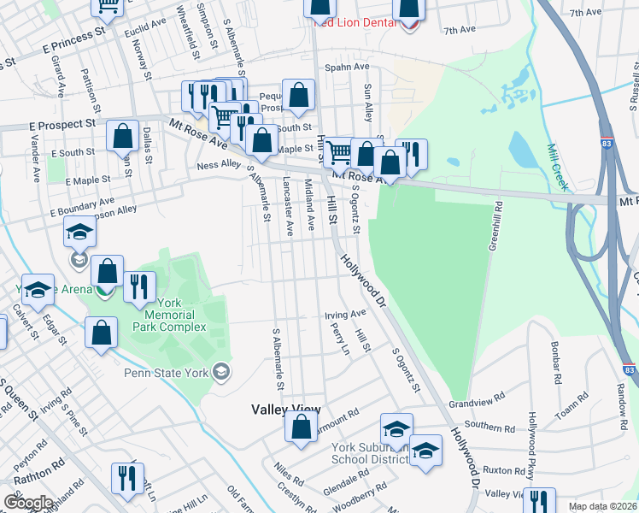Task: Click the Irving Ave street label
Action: [345, 315]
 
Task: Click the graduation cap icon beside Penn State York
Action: [221, 371]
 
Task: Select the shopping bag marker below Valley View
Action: [301, 430]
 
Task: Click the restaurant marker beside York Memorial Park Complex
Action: [139, 287]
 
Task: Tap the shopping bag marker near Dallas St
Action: [123, 137]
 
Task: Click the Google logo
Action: [28, 503]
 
